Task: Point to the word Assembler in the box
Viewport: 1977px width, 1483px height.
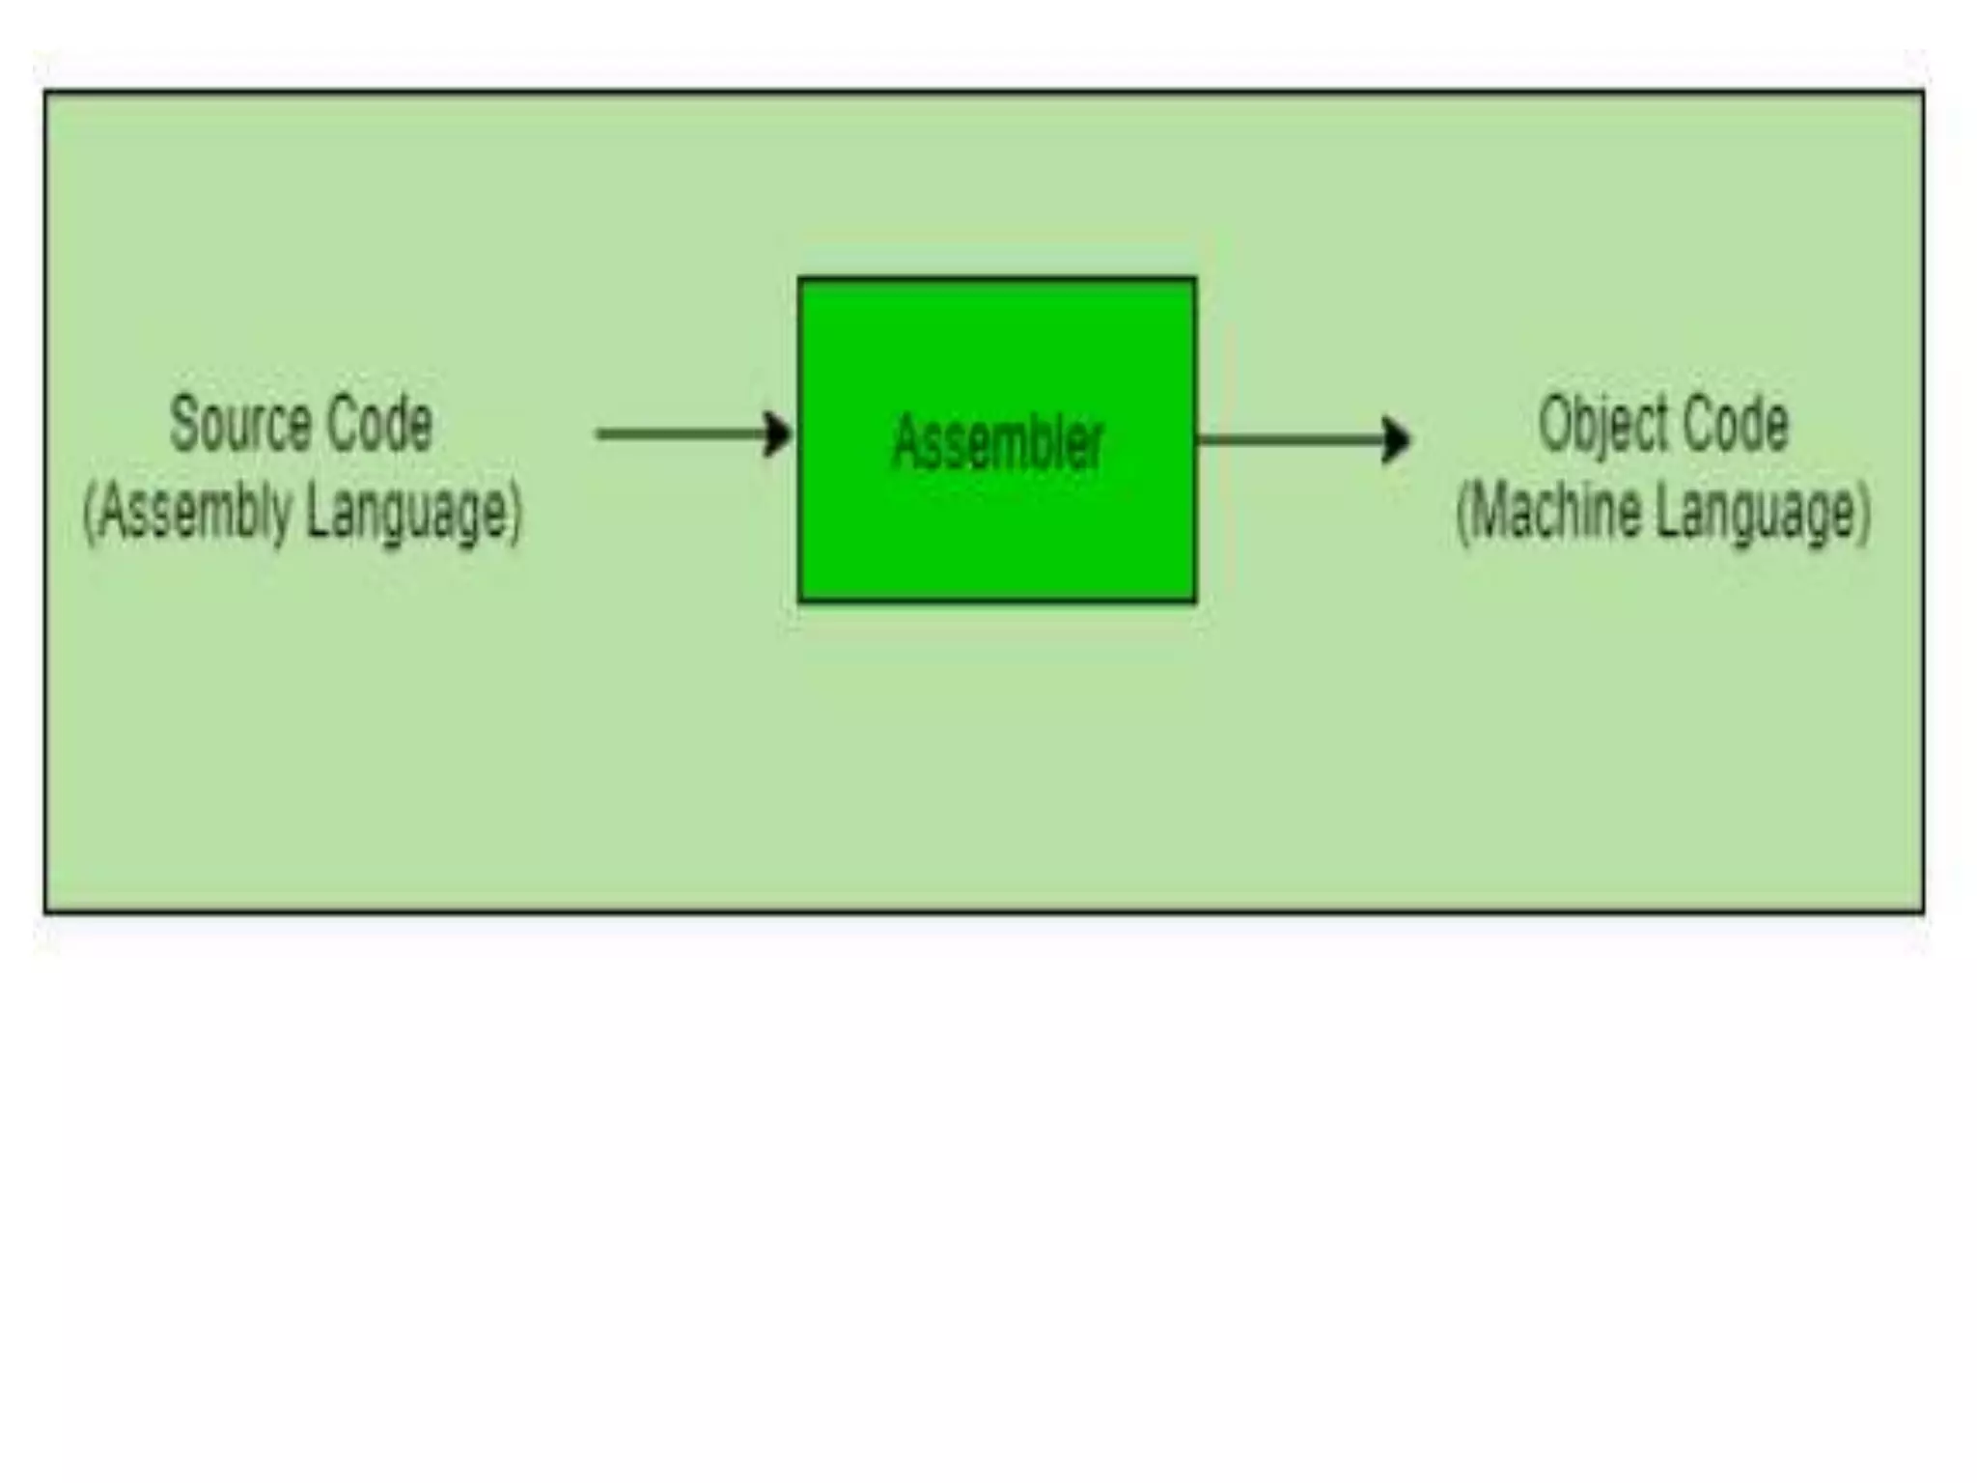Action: [997, 442]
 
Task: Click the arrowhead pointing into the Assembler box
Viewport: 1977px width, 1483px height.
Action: [778, 434]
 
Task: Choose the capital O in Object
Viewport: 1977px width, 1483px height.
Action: [1553, 423]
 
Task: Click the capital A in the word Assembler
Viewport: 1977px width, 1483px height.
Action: [906, 442]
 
